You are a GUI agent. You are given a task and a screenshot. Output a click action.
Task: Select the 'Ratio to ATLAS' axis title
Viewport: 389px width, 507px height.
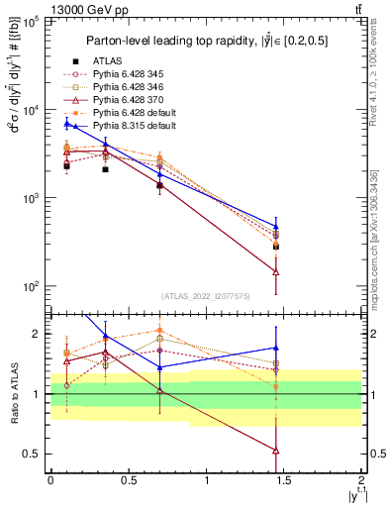[x=13, y=394]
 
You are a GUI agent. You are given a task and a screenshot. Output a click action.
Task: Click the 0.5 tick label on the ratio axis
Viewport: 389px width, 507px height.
[x=35, y=454]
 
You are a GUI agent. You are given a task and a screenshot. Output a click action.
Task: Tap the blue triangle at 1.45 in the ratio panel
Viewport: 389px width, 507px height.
[x=276, y=348]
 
